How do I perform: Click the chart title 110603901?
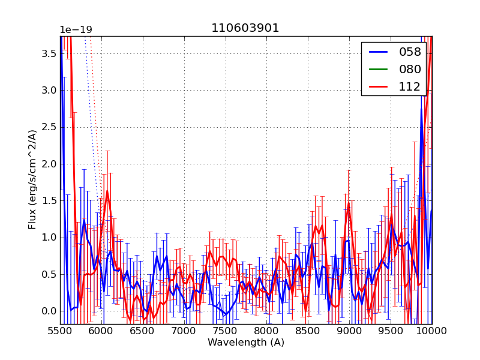(245, 28)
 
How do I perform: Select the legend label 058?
(410, 52)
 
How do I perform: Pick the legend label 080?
(410, 69)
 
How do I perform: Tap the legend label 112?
(410, 86)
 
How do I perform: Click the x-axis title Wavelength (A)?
(246, 343)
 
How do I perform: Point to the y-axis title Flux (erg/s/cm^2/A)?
(32, 179)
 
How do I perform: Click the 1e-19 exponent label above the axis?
(76, 30)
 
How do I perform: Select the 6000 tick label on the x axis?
(101, 331)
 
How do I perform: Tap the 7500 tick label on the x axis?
(226, 331)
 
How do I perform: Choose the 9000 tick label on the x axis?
(349, 331)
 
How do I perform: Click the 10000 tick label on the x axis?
(432, 331)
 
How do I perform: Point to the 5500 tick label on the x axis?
(60, 331)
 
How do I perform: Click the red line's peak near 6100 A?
(107, 192)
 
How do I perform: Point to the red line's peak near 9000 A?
(348, 205)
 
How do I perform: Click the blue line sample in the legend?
(377, 52)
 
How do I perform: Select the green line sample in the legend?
(377, 69)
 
